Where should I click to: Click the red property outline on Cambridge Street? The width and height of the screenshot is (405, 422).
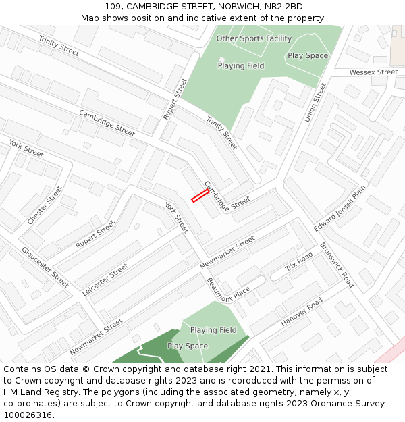pyautogui.click(x=199, y=196)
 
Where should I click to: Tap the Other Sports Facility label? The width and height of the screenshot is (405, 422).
pyautogui.click(x=254, y=38)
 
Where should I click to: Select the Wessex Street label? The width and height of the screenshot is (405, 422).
pyautogui.click(x=373, y=72)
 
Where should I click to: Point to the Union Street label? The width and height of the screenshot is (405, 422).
pyautogui.click(x=315, y=103)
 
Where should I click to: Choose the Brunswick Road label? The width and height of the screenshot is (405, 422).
pyautogui.click(x=337, y=265)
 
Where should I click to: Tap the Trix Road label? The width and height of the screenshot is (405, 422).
pyautogui.click(x=299, y=262)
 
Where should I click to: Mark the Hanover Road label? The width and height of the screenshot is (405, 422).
pyautogui.click(x=302, y=314)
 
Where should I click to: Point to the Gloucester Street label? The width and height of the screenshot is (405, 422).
pyautogui.click(x=45, y=267)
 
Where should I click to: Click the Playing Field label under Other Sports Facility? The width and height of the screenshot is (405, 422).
pyautogui.click(x=241, y=66)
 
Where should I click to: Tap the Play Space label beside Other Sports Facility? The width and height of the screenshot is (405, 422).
pyautogui.click(x=308, y=56)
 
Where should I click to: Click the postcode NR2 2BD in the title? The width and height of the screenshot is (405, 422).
pyautogui.click(x=284, y=7)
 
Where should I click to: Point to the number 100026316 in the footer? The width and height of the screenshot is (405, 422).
pyautogui.click(x=28, y=415)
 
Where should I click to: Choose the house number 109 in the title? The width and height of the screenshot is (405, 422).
pyautogui.click(x=113, y=7)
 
